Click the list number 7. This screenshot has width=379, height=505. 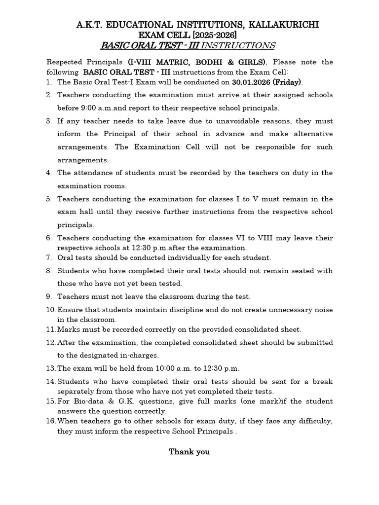pos(49,257)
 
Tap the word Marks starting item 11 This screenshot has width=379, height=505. pos(68,329)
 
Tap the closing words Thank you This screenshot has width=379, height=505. pos(189,452)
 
